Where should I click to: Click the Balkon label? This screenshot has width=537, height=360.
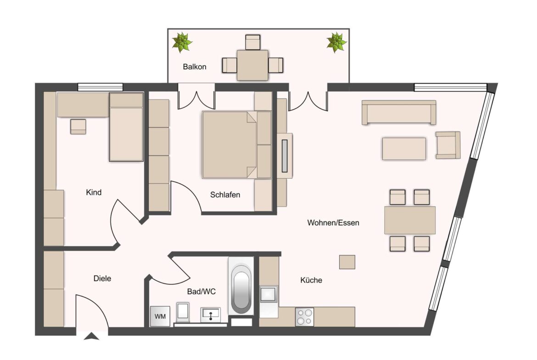195,67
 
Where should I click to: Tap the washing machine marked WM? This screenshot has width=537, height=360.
160,316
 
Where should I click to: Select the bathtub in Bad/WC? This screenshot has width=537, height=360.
241,289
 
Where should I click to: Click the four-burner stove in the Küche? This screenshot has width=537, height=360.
304,317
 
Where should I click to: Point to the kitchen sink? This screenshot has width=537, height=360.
268,294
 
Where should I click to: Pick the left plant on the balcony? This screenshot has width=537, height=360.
182,42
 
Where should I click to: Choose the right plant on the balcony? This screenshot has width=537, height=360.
336,42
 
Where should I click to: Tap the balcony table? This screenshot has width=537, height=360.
252,65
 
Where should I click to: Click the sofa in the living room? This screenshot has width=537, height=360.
398,112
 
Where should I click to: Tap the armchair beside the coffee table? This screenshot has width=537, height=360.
447,145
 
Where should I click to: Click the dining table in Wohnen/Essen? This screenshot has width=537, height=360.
409,220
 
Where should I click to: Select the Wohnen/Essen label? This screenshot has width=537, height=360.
333,223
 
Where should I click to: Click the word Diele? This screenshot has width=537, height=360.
102,278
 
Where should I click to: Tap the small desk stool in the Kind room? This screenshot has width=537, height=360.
78,126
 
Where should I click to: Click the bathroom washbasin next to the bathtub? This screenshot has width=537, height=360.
211,315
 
